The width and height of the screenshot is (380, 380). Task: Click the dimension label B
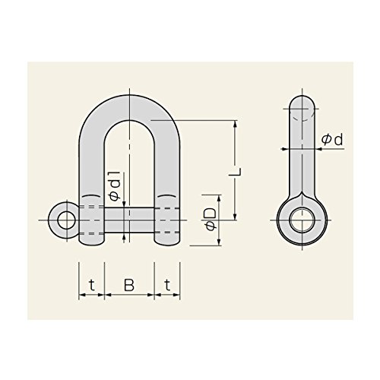129,285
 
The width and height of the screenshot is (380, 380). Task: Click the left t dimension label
92,285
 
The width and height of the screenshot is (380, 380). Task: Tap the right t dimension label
167,285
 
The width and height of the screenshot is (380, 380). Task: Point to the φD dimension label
211,220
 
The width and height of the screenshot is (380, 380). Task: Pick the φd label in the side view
332,139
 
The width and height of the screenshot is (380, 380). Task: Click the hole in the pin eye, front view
67,220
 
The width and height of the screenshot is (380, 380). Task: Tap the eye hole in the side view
302,220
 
